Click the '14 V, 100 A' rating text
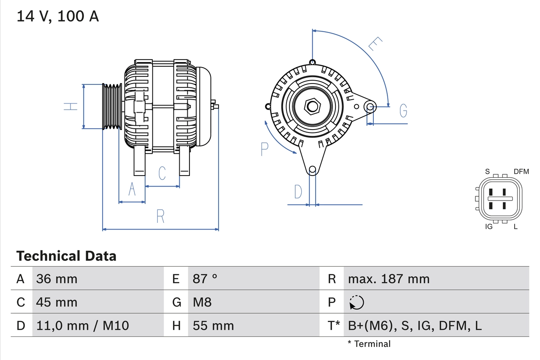coord(58,16)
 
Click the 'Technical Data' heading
coord(66,256)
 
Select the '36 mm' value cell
coord(57,279)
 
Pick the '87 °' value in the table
coord(205,279)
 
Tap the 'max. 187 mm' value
coord(389,279)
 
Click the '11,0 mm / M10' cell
coord(83,325)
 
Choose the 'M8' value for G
coord(202,302)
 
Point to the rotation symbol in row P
coord(356,302)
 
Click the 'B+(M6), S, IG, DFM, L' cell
coord(415,325)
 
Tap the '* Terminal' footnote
coord(369,344)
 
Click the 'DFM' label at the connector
coord(521,171)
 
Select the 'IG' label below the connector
coord(489,227)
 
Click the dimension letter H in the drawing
coord(71,106)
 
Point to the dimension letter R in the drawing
coord(160,217)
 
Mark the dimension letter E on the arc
coord(375,44)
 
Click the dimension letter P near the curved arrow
coord(264,149)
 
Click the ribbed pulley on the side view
coord(112,106)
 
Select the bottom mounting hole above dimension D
coord(312,170)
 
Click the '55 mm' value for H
coord(213,325)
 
